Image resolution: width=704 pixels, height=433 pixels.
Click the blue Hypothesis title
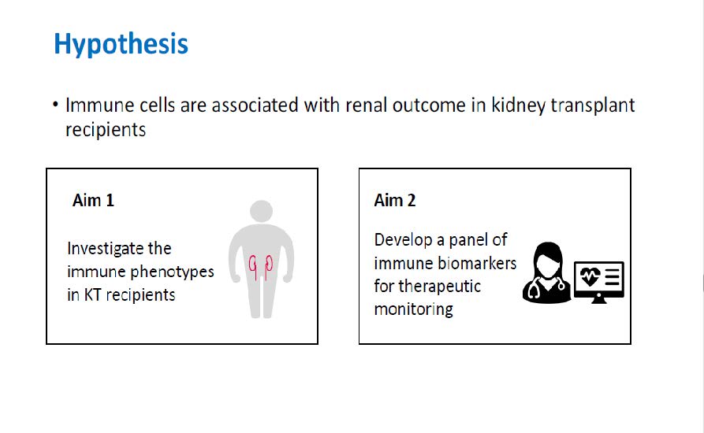click(x=121, y=44)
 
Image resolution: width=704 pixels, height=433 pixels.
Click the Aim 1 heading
click(x=93, y=201)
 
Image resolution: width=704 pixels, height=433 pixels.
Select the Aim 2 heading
click(x=395, y=201)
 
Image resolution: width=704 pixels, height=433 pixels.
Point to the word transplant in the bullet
click(x=593, y=106)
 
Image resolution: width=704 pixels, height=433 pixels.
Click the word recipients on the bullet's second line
click(x=106, y=131)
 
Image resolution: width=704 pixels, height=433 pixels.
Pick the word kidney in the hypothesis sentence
click(x=518, y=106)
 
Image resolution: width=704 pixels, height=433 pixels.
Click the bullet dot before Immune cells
click(x=55, y=105)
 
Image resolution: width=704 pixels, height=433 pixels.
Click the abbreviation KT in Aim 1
click(x=92, y=295)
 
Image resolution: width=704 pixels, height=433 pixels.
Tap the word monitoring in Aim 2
click(x=414, y=309)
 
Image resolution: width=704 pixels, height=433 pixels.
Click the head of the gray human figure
click(x=261, y=211)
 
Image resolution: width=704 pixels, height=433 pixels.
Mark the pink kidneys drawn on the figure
click(x=261, y=267)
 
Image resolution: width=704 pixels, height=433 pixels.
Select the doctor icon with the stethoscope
click(x=547, y=272)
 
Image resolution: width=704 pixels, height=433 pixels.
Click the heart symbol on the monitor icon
click(x=590, y=276)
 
